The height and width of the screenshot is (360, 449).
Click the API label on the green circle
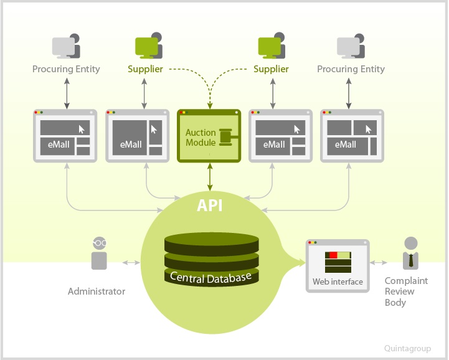coord(210,206)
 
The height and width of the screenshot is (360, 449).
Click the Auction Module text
coord(201,138)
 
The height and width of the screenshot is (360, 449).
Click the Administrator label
coord(97,291)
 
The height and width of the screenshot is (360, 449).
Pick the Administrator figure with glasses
coord(99,252)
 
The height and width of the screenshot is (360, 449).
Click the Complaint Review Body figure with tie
coord(409,252)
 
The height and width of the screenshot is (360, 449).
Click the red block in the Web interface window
coord(333,255)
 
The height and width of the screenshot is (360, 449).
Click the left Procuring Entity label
coord(66,69)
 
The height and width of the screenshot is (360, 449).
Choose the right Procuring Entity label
coord(351,69)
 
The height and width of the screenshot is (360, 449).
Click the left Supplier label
coord(145,69)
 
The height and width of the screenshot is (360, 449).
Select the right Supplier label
coord(271,69)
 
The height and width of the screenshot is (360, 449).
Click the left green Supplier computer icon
coord(148,45)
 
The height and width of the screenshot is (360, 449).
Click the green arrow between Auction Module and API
coord(210,178)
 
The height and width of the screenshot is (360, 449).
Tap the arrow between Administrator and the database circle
coord(131,262)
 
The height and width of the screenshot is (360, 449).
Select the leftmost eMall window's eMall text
coord(56,145)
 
